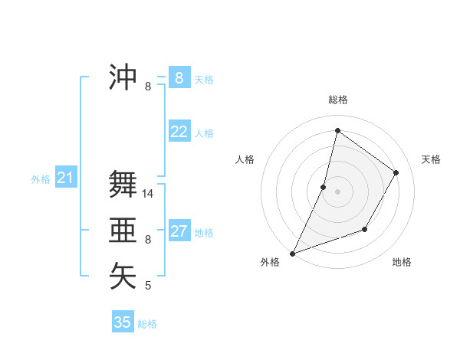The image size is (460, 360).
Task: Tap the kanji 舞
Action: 123,185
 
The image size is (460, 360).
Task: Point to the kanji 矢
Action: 123,275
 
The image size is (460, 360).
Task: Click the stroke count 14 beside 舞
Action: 148,195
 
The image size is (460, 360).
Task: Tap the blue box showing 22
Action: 179,132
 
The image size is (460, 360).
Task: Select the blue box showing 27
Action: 179,231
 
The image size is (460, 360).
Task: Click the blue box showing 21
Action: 65,178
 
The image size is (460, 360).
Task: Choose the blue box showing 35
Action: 123,322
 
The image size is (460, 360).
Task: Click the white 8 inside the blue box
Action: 179,77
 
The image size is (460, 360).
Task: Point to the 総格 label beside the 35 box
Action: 147,324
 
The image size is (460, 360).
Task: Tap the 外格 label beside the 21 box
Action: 41,179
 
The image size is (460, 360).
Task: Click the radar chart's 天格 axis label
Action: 431,159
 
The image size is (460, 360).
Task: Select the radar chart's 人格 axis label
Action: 245,159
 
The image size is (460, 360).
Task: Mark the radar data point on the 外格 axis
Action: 292,254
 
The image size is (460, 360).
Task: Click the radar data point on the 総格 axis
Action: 337,130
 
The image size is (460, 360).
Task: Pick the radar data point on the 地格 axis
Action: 365,229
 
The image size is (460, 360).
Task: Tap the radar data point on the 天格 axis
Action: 396,172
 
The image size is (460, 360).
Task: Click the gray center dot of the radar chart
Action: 337,191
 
